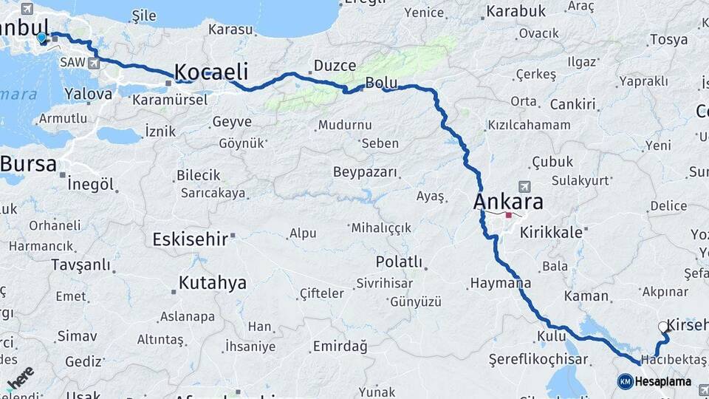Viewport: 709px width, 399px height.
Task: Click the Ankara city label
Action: click(508, 202)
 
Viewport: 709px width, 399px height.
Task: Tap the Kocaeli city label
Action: click(210, 72)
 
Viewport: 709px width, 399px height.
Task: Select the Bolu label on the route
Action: click(382, 83)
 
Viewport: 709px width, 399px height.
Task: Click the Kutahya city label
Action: click(212, 282)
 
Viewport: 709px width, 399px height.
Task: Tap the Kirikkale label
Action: click(552, 232)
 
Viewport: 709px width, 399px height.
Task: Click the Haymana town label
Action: click(500, 283)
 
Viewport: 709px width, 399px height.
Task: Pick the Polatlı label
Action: click(399, 262)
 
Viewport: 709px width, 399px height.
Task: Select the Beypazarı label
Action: click(366, 172)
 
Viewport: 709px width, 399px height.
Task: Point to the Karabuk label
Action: click(515, 11)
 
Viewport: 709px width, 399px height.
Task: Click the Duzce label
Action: click(335, 66)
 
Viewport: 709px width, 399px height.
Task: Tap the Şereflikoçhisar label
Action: click(538, 360)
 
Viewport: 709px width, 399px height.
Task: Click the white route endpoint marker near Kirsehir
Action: click(662, 326)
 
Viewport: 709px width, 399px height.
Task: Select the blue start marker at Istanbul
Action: click(41, 37)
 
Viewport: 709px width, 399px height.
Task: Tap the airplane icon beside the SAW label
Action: click(95, 64)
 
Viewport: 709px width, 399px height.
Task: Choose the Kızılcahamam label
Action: click(529, 126)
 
